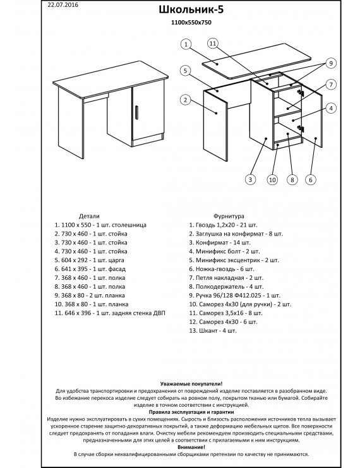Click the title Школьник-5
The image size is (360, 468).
click(191, 9)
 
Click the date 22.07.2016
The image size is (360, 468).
click(63, 4)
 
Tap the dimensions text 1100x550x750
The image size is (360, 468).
click(191, 22)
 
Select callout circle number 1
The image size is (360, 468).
click(186, 44)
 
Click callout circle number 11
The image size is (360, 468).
click(213, 44)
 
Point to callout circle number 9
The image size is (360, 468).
click(331, 63)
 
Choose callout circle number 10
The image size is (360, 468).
click(272, 179)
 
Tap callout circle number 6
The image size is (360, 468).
click(311, 179)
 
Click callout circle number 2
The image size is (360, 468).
click(186, 100)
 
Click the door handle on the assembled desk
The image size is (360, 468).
click(136, 112)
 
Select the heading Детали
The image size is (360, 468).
click(89, 216)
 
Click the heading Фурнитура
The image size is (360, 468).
click(229, 216)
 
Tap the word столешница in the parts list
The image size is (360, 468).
click(129, 225)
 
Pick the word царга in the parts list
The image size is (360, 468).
click(117, 260)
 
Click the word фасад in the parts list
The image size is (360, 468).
click(117, 269)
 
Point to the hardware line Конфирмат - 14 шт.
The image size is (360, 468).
click(220, 243)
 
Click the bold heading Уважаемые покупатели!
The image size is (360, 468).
click(191, 384)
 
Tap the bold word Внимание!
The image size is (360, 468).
click(191, 447)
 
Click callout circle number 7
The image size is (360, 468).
click(331, 85)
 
